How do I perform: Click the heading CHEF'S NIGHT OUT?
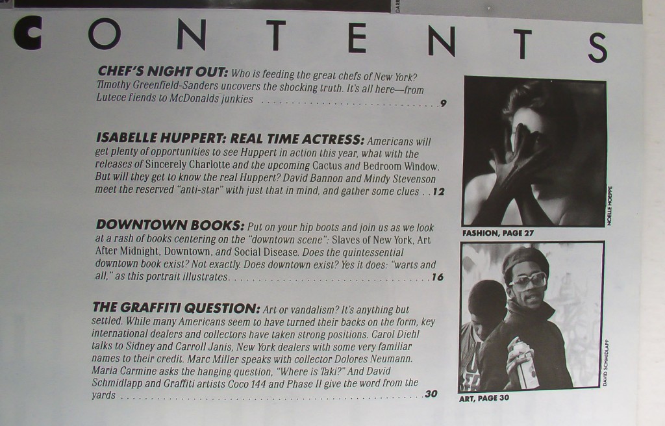[x=163, y=71]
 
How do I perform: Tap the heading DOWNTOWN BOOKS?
[x=170, y=225]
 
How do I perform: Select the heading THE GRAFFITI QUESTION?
[x=176, y=308]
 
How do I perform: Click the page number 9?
[x=443, y=103]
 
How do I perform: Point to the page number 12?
[x=438, y=192]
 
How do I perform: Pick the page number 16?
[x=437, y=277]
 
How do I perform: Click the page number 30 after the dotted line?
[x=431, y=394]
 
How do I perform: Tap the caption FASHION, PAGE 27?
[x=498, y=233]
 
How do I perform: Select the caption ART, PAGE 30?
[x=484, y=399]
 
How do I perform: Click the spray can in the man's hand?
[x=524, y=364]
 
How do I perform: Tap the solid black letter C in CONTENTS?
[x=27, y=32]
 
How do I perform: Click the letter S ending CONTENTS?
[x=597, y=47]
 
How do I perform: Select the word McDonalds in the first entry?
[x=194, y=99]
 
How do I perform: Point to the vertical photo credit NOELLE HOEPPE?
[x=610, y=206]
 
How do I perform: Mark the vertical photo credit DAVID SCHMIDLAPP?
[x=605, y=363]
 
